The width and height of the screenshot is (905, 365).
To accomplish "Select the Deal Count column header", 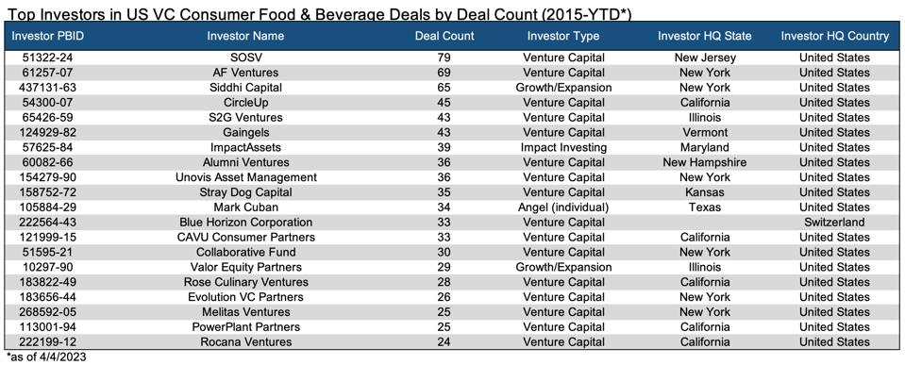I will [x=444, y=36].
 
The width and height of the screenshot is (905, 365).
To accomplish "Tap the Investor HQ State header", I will [x=704, y=36].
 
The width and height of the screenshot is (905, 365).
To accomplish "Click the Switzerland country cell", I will [x=834, y=223].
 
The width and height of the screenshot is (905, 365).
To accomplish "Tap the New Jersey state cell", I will [x=704, y=58].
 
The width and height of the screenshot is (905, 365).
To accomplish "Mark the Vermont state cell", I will [x=704, y=133].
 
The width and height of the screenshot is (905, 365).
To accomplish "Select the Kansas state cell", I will [x=704, y=192].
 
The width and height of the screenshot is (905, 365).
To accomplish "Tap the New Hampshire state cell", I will [x=704, y=163].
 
